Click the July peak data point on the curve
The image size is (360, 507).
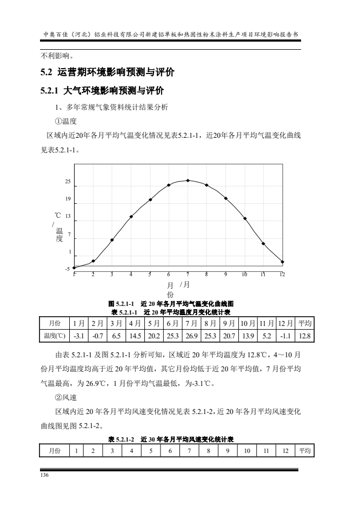[188, 181]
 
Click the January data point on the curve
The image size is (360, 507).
[74, 268]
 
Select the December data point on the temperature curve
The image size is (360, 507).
[283, 262]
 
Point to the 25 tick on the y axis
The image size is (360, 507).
[68, 182]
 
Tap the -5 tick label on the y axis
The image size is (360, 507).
[67, 269]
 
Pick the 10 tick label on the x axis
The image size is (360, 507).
[244, 275]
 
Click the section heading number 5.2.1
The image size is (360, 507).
[52, 90]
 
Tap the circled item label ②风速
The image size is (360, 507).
[66, 397]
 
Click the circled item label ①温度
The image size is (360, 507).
[66, 121]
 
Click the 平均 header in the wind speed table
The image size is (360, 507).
[304, 450]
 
